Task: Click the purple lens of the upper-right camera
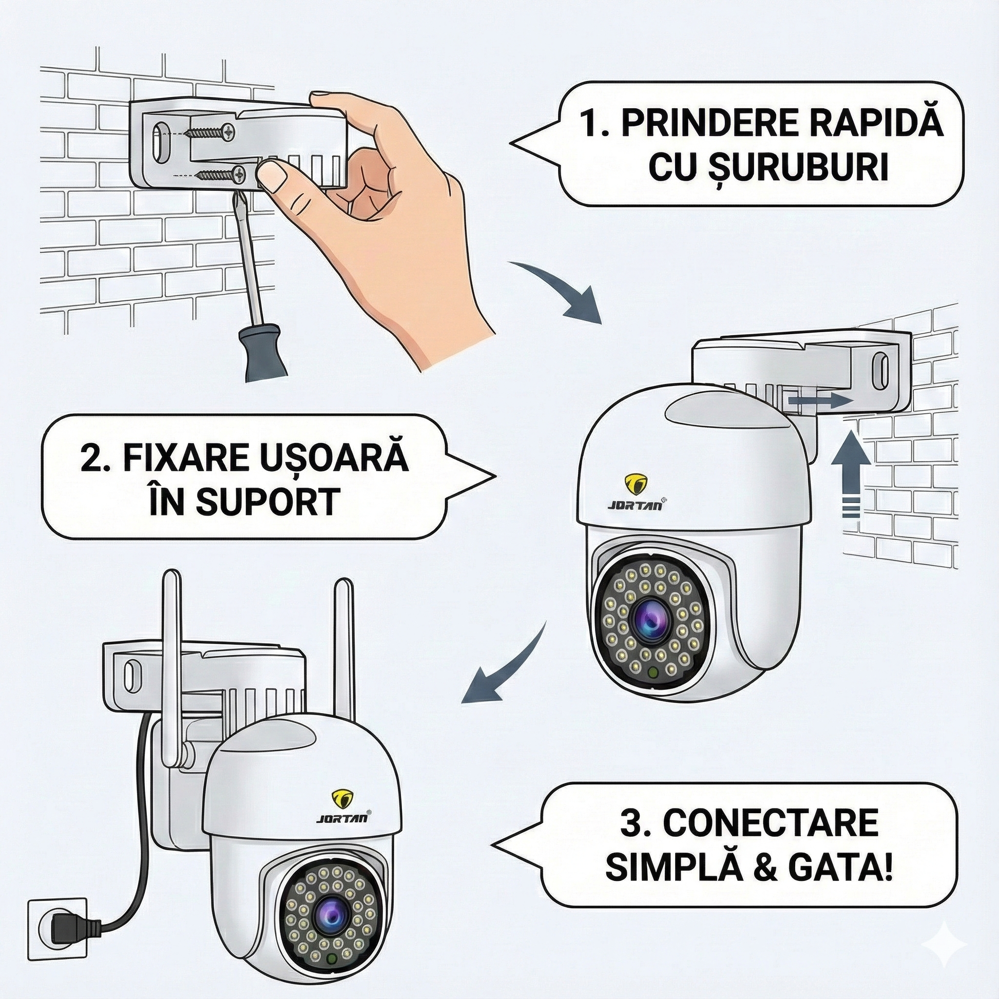pos(650,619)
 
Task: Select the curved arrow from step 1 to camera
pos(564,290)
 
